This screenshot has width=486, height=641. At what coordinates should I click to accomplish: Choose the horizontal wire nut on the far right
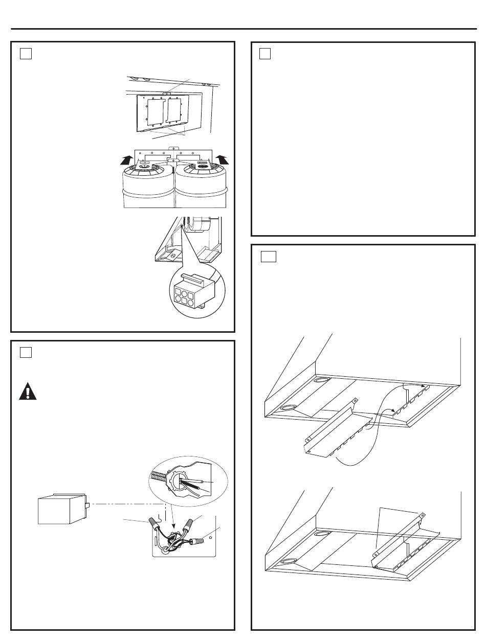point(197,540)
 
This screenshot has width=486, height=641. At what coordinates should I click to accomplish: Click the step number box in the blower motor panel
point(26,53)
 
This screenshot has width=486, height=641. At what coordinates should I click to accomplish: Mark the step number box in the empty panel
point(265,53)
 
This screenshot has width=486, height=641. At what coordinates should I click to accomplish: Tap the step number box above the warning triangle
point(26,352)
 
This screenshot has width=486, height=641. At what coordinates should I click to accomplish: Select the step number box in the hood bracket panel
point(268,256)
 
